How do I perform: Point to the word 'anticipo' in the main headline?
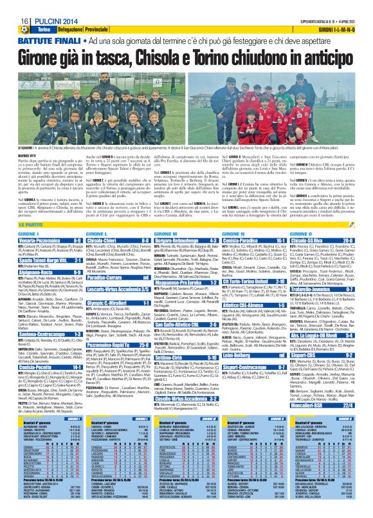(323, 56)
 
